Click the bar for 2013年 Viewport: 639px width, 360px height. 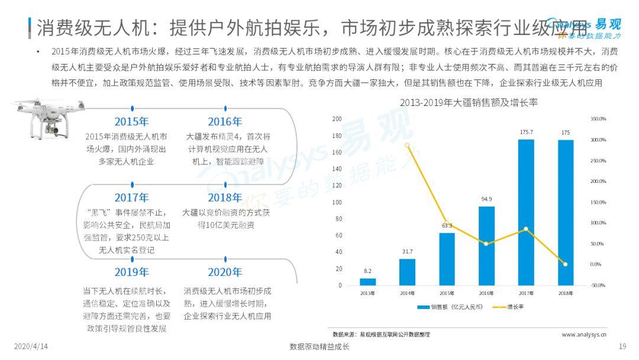[367, 282]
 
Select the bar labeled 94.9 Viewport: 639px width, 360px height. [486, 246]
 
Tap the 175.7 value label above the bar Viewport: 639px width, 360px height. [525, 132]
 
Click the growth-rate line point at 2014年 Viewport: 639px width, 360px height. [407, 145]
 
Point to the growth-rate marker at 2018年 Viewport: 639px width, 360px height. [565, 264]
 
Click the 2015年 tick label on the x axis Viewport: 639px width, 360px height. [447, 293]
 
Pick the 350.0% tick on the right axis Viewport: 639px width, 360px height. [598, 119]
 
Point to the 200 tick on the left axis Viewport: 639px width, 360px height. [338, 119]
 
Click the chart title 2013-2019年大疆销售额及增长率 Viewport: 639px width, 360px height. [468, 102]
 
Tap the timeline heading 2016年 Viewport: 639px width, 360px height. [225, 122]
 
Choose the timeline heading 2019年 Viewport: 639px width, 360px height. [131, 272]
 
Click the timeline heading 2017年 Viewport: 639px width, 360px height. [131, 197]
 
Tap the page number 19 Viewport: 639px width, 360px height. [622, 346]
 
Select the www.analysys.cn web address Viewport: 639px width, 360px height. [583, 335]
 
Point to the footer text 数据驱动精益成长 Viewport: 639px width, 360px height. [319, 347]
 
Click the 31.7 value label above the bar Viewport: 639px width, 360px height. [407, 252]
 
